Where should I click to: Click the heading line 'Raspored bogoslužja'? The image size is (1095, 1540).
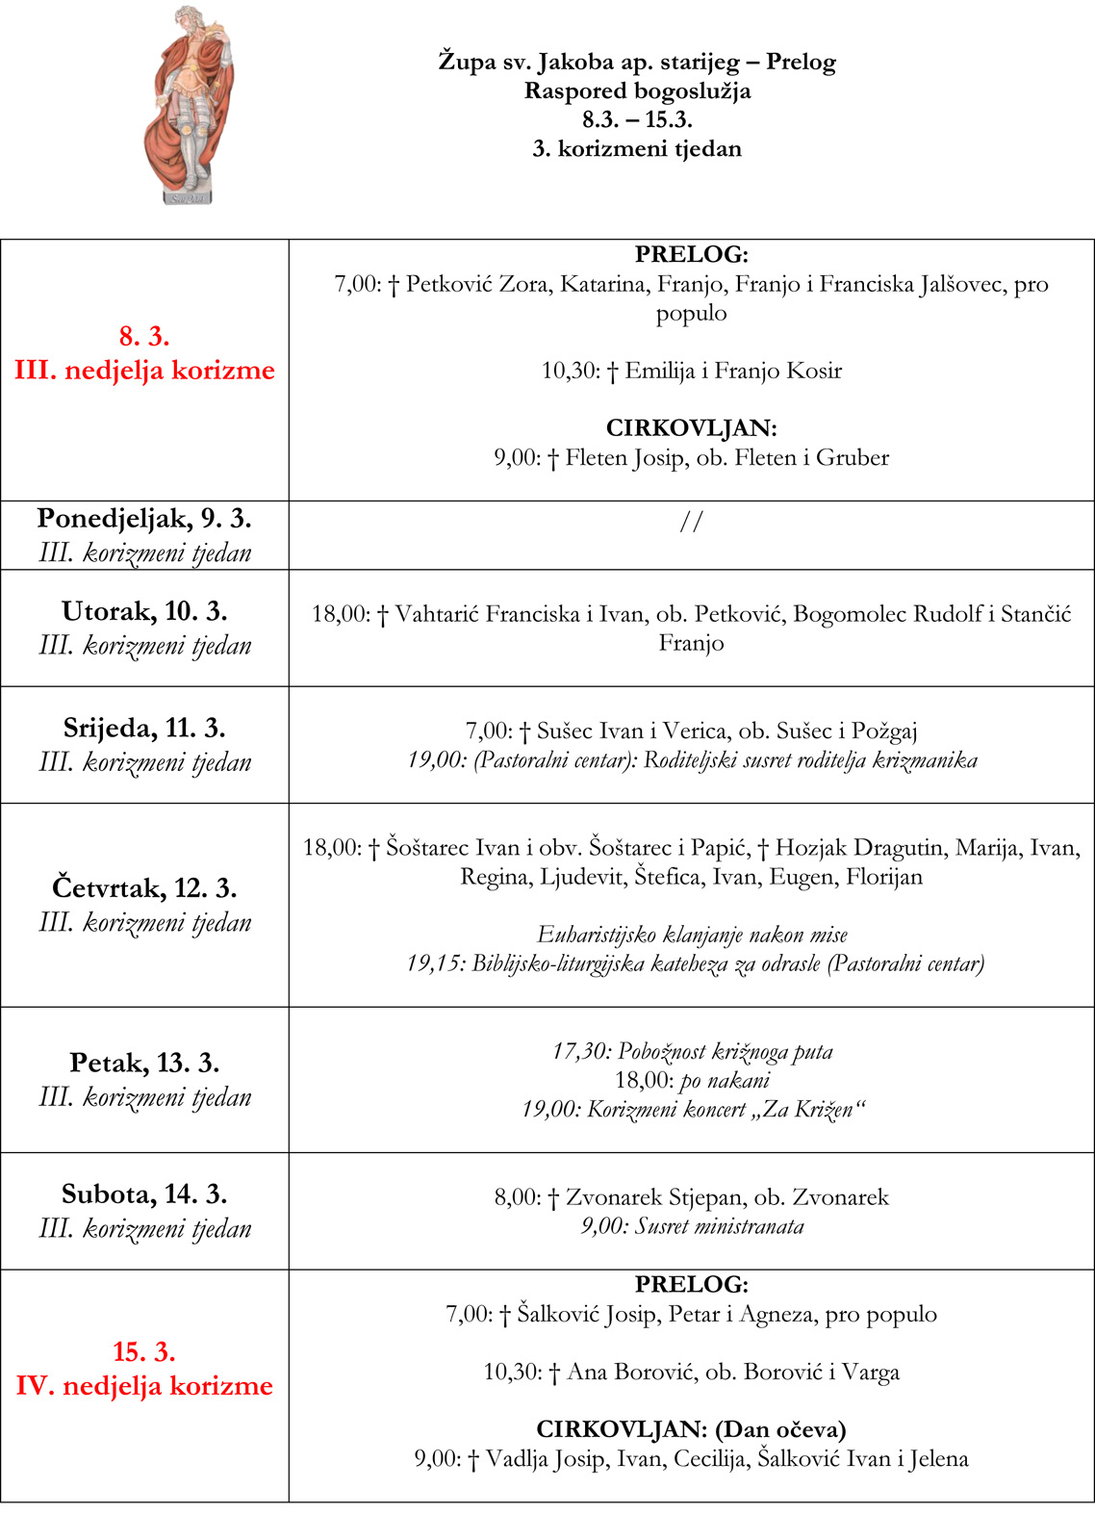[637, 91]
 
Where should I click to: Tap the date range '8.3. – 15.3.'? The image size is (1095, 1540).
[637, 120]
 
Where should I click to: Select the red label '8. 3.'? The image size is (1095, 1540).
[144, 337]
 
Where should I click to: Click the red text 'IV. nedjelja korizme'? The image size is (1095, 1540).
[144, 1386]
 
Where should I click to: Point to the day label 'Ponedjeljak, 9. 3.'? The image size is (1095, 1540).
[144, 519]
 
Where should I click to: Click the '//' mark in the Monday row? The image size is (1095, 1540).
[691, 522]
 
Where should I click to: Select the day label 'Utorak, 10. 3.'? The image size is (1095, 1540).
[144, 611]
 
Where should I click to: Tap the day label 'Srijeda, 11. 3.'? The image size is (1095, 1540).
[144, 728]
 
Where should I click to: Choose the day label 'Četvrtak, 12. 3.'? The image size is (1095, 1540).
[144, 887]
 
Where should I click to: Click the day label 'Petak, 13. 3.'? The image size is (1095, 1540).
[144, 1063]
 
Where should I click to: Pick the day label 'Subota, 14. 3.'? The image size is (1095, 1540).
[144, 1194]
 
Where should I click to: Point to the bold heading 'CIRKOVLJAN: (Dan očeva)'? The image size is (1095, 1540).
[691, 1429]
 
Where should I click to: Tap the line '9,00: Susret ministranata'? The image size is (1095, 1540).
[691, 1227]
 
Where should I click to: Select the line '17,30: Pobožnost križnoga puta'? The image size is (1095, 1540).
[691, 1051]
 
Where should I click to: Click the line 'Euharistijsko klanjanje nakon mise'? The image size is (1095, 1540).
[691, 935]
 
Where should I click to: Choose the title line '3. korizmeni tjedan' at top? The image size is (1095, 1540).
[637, 149]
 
